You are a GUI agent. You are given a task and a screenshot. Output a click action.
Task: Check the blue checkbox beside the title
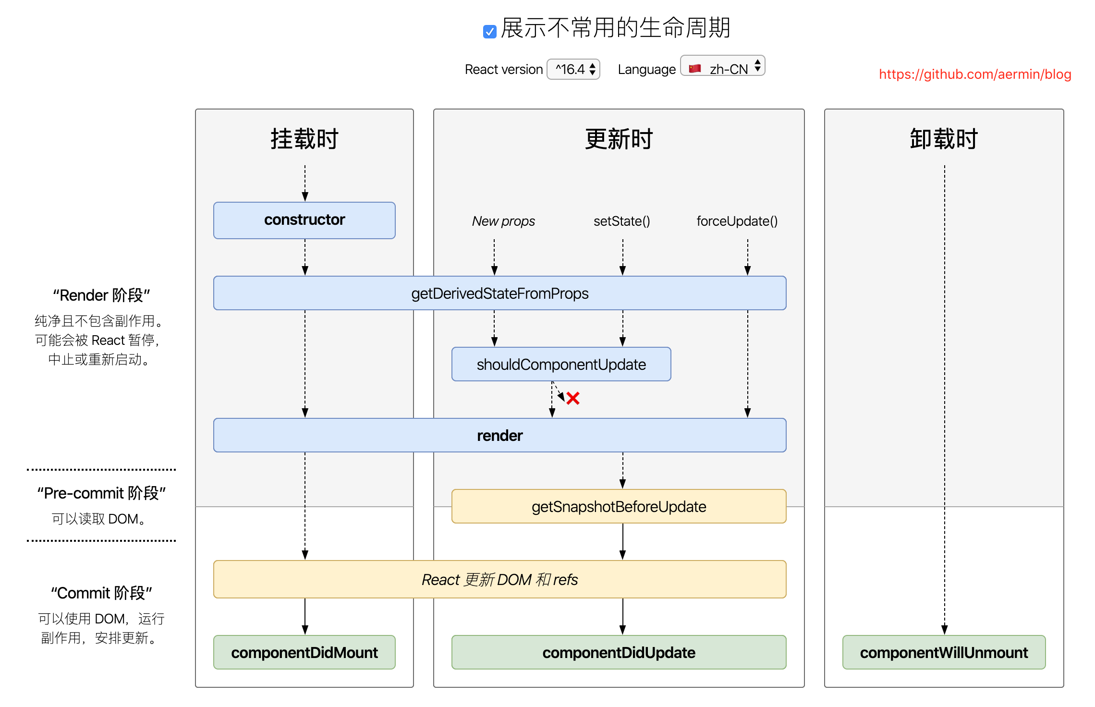489,32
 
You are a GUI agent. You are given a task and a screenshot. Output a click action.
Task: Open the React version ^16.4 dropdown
573,69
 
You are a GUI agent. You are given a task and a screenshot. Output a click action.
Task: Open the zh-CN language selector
722,69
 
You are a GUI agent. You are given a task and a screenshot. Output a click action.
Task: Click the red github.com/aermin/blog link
975,74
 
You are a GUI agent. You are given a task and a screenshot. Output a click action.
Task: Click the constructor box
304,220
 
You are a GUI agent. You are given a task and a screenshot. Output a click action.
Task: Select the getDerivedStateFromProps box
499,293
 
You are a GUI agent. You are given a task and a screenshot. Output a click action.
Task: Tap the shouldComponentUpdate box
561,365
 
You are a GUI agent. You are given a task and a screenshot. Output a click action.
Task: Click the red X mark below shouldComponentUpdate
572,398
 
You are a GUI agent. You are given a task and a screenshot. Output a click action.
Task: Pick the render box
499,436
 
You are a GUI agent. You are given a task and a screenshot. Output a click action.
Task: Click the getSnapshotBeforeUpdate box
619,507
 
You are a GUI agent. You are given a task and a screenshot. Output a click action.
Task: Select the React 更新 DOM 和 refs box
499,580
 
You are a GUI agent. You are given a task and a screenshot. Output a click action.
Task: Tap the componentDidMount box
304,653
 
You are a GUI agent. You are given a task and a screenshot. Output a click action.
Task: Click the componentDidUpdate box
619,653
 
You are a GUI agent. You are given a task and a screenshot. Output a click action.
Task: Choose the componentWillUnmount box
944,653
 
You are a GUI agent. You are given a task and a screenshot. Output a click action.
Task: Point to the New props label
503,221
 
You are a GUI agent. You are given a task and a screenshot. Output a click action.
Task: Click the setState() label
622,221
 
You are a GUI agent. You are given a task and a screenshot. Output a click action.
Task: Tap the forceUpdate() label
737,221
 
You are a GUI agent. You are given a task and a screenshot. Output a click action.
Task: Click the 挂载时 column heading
304,139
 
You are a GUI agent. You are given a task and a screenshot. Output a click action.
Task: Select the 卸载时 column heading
944,139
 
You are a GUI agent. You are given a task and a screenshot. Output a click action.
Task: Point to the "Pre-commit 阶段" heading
101,493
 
